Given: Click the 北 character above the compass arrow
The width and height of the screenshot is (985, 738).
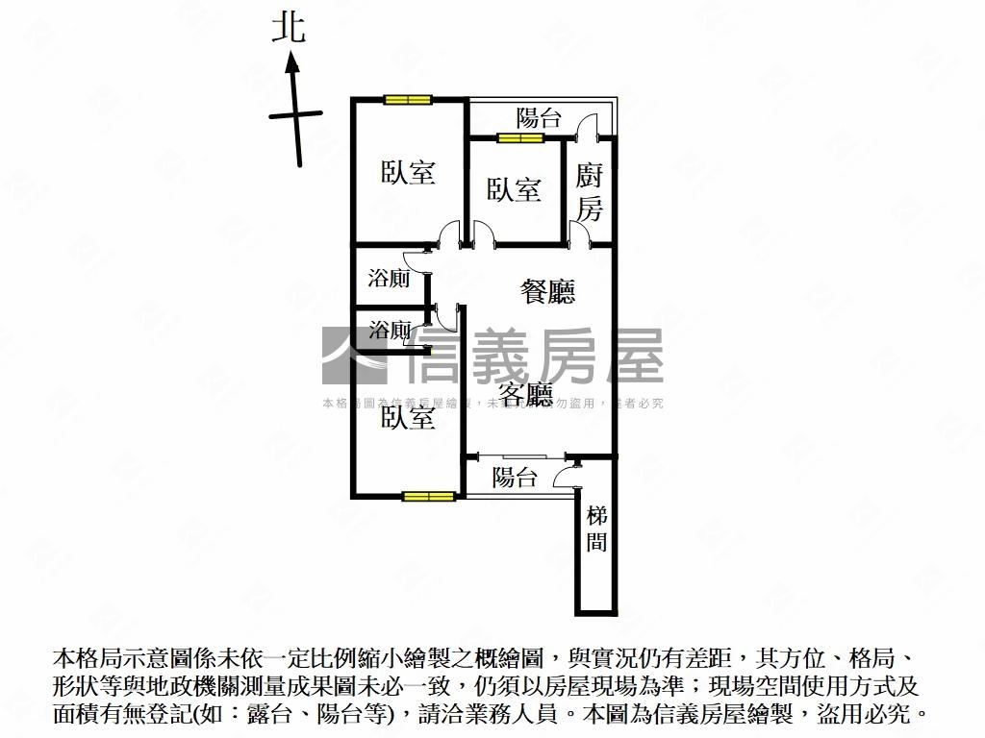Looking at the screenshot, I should [x=288, y=27].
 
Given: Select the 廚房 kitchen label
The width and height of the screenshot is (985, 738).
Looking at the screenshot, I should [x=590, y=191].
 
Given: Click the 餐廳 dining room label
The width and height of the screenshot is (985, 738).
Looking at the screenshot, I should [x=547, y=291].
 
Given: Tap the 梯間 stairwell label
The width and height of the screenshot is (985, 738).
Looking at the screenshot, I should [x=596, y=529].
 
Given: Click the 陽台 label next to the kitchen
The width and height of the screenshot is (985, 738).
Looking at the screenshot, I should [x=539, y=119].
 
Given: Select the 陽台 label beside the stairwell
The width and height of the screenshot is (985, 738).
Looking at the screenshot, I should [x=515, y=478].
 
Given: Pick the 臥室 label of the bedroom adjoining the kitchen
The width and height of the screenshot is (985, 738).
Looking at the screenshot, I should [x=513, y=189].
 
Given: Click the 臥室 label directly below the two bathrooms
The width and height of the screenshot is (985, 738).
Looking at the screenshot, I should [x=408, y=418].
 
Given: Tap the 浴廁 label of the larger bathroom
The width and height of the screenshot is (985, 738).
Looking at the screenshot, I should [x=390, y=280].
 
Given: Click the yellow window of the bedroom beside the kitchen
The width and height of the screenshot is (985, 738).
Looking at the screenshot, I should [x=520, y=138].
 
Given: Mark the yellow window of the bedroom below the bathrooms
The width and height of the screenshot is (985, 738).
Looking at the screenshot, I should [x=428, y=497].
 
